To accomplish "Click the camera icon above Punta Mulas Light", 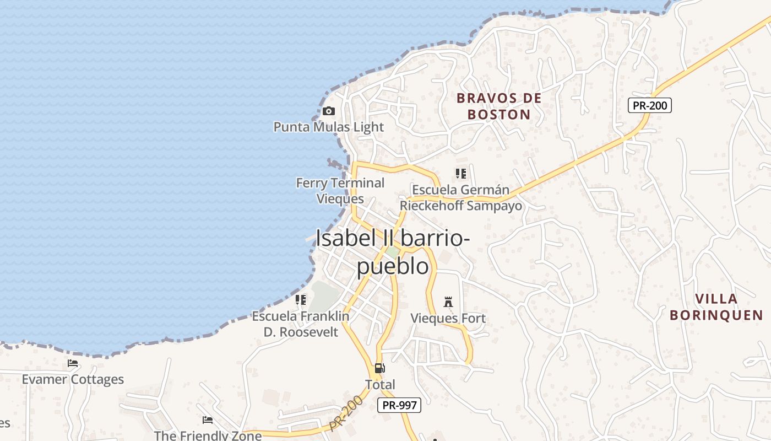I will point(329,111).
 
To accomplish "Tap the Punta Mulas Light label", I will point(329,127).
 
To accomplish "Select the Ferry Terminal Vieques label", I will point(340,191).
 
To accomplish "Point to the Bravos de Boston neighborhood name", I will point(499,106).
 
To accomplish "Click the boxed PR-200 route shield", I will point(650,105).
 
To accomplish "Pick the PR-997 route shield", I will point(399,405).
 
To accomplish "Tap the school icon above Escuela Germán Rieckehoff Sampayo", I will point(461,174).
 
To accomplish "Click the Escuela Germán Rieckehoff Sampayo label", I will point(461,198).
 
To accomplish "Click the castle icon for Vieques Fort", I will point(448,302).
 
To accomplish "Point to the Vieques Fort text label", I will point(448,318).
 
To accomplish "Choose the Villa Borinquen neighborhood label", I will point(716,307).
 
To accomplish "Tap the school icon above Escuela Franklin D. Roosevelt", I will point(301,300).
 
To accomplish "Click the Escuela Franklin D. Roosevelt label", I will point(301,324).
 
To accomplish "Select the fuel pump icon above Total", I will point(379,368).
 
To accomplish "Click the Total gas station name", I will point(380,384).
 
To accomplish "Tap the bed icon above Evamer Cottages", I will point(73,363).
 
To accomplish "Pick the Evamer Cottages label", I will point(73,379).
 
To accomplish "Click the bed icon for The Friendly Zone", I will point(208,420).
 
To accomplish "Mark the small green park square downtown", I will point(392,252).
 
